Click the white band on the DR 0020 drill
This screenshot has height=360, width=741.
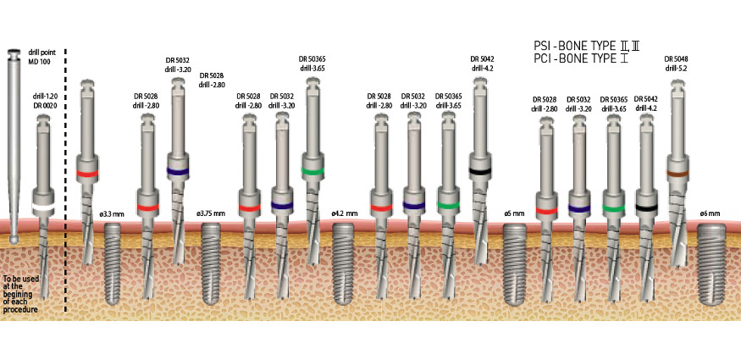click(x=43, y=208)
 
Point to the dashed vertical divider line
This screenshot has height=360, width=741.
click(x=66, y=169)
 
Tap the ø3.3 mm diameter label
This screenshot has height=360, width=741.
click(x=112, y=214)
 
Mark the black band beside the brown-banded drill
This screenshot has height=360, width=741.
click(x=647, y=208)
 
